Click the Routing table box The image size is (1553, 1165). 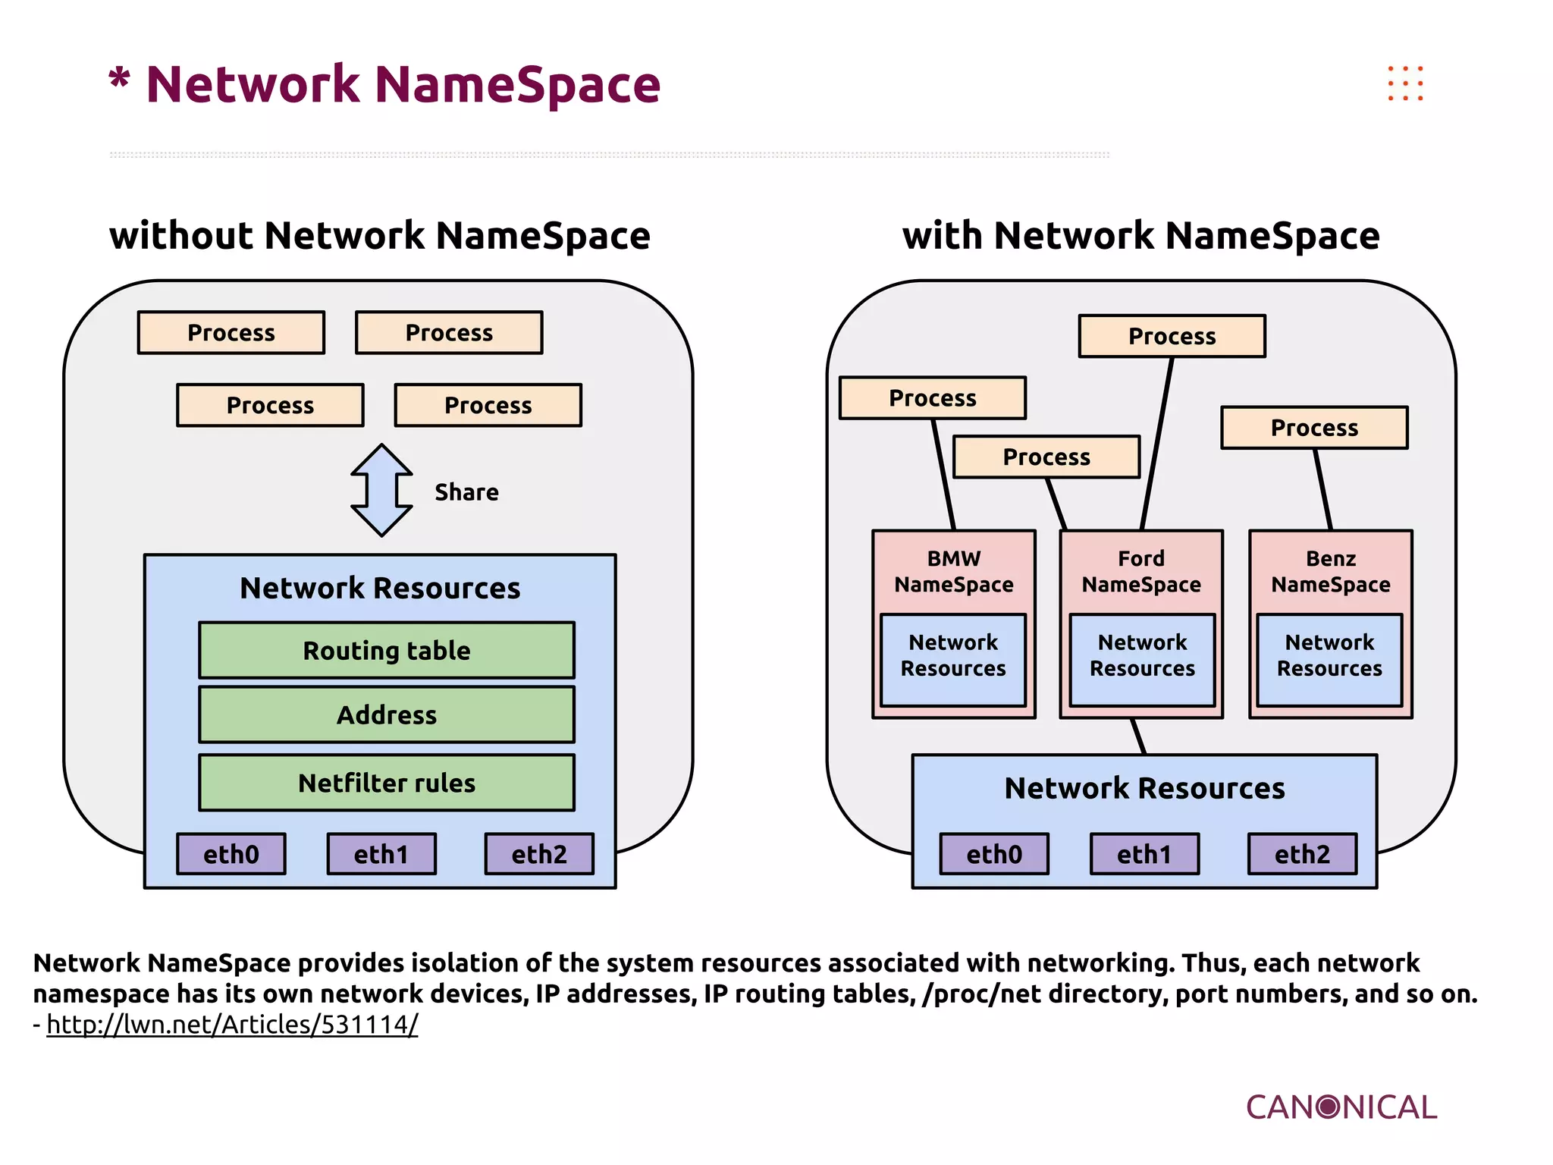coord(387,650)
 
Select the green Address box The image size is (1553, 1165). coord(387,714)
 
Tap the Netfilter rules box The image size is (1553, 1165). coord(387,783)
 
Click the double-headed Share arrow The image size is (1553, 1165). coord(381,491)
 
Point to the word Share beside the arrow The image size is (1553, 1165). coord(466,492)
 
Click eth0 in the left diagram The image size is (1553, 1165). coord(231,854)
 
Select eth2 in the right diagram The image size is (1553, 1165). coord(1302,854)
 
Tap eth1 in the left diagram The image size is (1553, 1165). coord(381,854)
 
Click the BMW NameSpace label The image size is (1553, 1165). coord(954,572)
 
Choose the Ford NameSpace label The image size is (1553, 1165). coord(1141,572)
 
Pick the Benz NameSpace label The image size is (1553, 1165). coord(1331,572)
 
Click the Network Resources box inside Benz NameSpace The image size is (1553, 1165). coord(1329,660)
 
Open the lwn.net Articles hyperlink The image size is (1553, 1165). coord(232,1025)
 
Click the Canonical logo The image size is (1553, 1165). coord(1341,1107)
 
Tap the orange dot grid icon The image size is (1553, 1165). coord(1405,83)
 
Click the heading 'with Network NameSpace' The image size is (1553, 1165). coord(1140,235)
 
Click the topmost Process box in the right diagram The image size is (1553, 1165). coord(1172,336)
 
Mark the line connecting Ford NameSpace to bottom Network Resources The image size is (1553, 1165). coord(1138,736)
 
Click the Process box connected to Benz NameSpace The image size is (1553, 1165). coord(1314,428)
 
